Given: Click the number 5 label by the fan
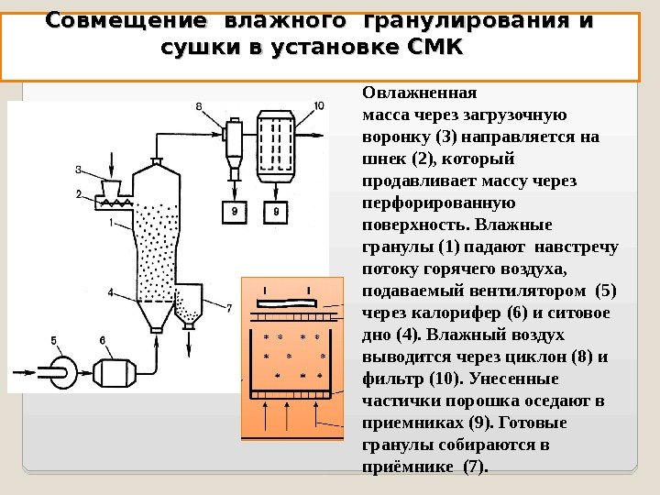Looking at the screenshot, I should pyautogui.click(x=54, y=341).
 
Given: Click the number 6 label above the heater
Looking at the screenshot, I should pyautogui.click(x=103, y=341).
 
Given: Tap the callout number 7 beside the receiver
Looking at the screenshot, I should pyautogui.click(x=229, y=306).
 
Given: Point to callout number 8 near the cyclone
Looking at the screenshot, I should pyautogui.click(x=199, y=107).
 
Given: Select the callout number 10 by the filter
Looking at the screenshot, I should pyautogui.click(x=318, y=106).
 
